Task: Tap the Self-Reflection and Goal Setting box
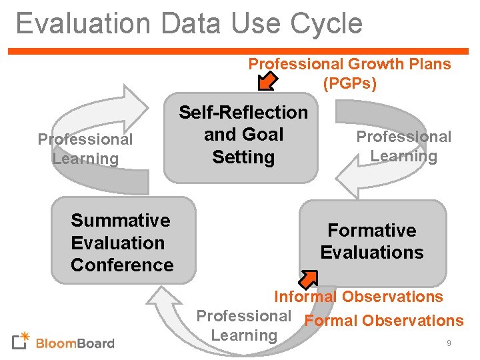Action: click(242, 136)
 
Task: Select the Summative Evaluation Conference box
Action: click(123, 239)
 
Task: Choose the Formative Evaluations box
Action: click(372, 242)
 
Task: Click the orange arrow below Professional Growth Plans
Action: click(267, 81)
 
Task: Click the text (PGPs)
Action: click(349, 84)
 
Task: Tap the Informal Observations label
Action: click(359, 297)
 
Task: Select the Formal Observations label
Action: click(383, 321)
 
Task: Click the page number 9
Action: click(449, 343)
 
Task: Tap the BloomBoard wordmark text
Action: click(75, 344)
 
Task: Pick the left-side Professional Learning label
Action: click(85, 149)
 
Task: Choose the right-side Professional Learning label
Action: click(403, 147)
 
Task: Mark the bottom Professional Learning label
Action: click(244, 325)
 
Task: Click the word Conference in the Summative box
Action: click(122, 265)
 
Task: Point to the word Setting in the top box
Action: click(243, 157)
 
